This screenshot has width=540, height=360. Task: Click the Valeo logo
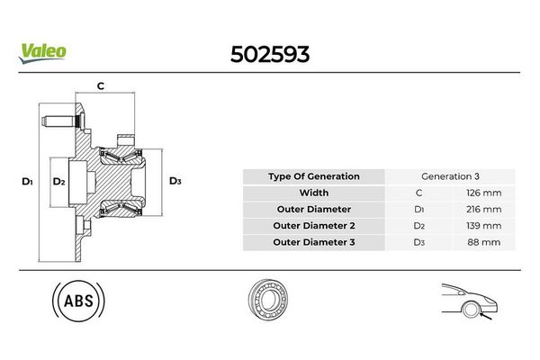click(x=42, y=53)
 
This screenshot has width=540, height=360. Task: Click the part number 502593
click(x=270, y=54)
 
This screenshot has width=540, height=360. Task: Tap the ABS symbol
click(x=78, y=301)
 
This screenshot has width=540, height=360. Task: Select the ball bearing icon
click(x=268, y=299)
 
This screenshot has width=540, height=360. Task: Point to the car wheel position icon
click(x=470, y=301)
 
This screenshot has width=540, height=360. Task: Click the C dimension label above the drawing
click(x=100, y=85)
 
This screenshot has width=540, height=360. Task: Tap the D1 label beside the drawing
click(x=27, y=181)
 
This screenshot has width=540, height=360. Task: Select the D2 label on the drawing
click(x=58, y=181)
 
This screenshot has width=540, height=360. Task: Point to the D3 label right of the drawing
click(x=175, y=181)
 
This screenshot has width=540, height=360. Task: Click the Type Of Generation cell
click(x=314, y=176)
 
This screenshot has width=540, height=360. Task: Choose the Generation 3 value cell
click(x=450, y=176)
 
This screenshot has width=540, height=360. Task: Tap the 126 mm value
click(x=483, y=193)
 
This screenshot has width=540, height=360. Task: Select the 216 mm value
click(x=483, y=210)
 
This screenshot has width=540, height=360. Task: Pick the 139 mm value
click(x=483, y=226)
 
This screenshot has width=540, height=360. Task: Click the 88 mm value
click(x=484, y=242)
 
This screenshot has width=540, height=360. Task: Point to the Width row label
click(x=314, y=193)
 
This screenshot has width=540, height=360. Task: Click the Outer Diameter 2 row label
click(x=314, y=226)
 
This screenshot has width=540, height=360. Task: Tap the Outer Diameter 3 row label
click(x=314, y=242)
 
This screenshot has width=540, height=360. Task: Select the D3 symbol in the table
click(x=419, y=242)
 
